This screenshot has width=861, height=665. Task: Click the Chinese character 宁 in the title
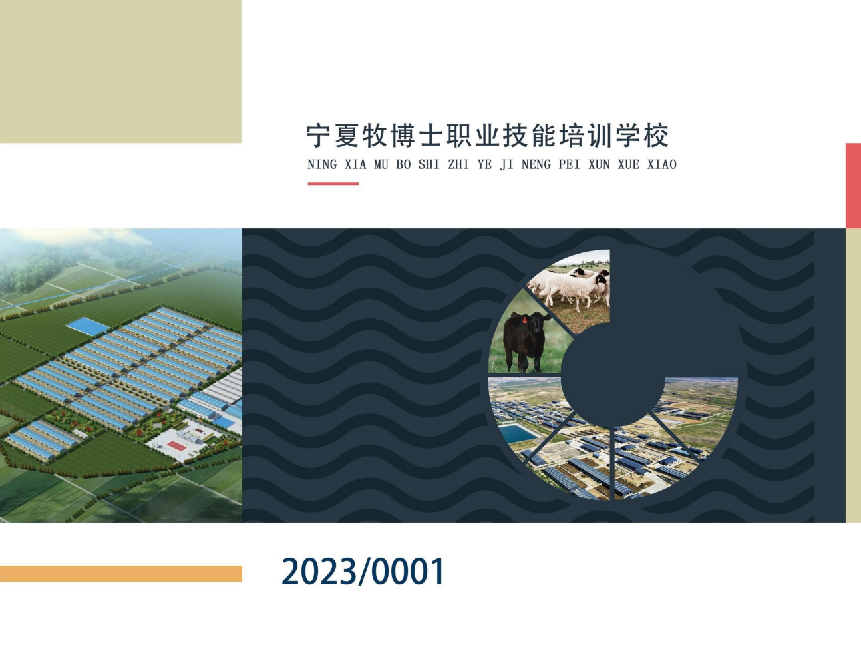pos(319,136)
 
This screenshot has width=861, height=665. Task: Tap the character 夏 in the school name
pos(347,136)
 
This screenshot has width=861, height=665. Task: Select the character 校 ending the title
pos(657,136)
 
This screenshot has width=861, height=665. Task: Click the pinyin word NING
pos(322,164)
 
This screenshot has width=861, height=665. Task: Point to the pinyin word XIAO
pos(661,164)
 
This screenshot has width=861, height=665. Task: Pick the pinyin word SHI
pos(429,164)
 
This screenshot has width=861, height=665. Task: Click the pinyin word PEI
pos(570,164)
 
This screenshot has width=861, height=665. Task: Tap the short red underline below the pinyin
pos(333,184)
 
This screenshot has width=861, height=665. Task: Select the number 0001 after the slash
pos(407,571)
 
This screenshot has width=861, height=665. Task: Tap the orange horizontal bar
pos(121,574)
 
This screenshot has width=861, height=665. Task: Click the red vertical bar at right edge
pos(853,186)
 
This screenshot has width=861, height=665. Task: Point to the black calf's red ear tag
pos(524,320)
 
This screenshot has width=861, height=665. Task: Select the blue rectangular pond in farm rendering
pos(88,326)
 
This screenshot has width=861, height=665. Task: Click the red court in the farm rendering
pos(177,446)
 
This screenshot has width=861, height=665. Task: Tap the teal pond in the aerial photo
pos(518,434)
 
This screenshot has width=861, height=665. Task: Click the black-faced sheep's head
pos(601,279)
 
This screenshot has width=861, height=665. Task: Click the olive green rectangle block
pos(120,71)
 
